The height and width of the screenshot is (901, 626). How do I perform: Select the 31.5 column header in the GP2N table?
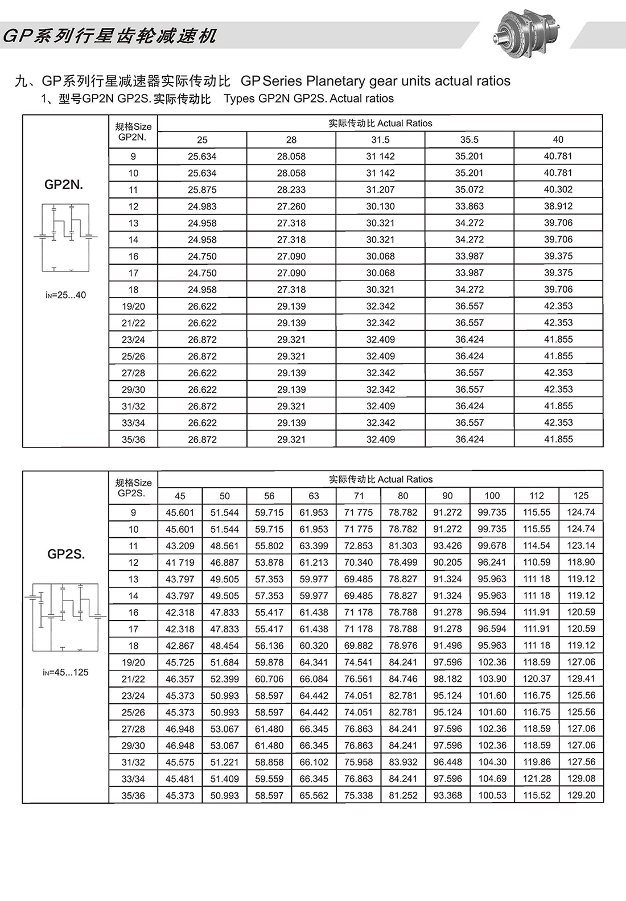(x=380, y=140)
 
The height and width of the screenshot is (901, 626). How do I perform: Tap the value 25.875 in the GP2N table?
(x=202, y=190)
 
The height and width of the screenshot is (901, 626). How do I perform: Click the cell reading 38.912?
(x=558, y=206)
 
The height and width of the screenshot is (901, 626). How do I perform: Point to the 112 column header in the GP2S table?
(x=536, y=496)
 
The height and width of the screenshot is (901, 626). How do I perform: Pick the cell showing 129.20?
(x=580, y=795)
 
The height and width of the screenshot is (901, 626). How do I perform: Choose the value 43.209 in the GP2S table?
(x=180, y=546)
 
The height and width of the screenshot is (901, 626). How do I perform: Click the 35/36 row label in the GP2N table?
(x=133, y=439)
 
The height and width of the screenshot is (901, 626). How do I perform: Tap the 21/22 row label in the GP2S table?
(x=133, y=679)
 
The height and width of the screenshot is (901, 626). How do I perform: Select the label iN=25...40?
(x=65, y=295)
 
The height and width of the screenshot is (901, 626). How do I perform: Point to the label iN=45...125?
(x=65, y=672)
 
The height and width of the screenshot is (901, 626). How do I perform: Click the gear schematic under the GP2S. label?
(x=65, y=616)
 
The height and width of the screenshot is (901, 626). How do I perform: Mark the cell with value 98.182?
(x=447, y=679)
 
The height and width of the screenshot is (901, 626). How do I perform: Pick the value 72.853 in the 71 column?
(x=358, y=546)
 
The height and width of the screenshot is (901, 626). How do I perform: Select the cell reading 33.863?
(x=469, y=206)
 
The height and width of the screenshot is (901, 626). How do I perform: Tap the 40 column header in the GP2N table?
(x=558, y=140)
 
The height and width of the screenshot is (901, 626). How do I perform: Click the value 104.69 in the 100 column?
(x=492, y=779)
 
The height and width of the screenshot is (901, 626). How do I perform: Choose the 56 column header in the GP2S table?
(x=269, y=496)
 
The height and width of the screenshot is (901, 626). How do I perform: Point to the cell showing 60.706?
(x=269, y=679)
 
